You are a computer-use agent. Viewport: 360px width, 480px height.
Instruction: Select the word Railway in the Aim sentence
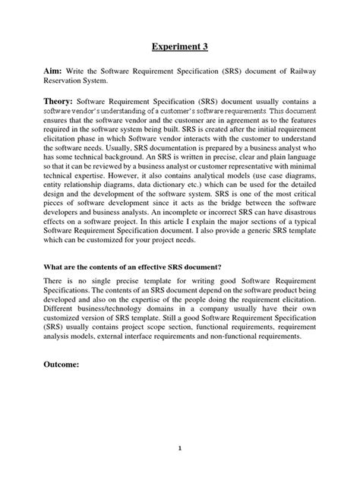click(x=299, y=71)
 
